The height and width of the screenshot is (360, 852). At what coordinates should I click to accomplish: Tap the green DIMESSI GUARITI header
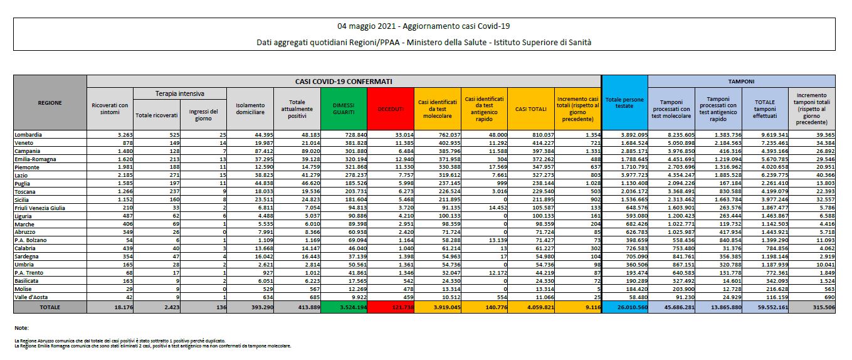(x=344, y=109)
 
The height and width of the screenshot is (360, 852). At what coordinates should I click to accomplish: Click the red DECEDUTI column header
(x=391, y=109)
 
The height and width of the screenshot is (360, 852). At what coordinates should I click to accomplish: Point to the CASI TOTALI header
(x=530, y=109)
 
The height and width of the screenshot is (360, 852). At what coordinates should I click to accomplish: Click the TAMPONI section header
(x=741, y=82)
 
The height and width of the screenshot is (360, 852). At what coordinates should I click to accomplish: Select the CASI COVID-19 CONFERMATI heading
(x=344, y=82)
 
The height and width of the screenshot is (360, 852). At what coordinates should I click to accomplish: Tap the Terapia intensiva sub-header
(x=179, y=93)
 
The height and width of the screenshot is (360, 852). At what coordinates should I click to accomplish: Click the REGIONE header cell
(x=50, y=102)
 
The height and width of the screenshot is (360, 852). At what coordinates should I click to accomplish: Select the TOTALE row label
(x=50, y=307)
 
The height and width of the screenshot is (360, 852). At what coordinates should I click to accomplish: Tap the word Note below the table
(x=21, y=327)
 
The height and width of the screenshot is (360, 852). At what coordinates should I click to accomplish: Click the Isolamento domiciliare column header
(x=251, y=109)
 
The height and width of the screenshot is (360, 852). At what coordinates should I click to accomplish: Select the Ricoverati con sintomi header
(x=110, y=109)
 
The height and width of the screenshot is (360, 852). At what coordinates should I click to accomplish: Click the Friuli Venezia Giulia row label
(x=40, y=207)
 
